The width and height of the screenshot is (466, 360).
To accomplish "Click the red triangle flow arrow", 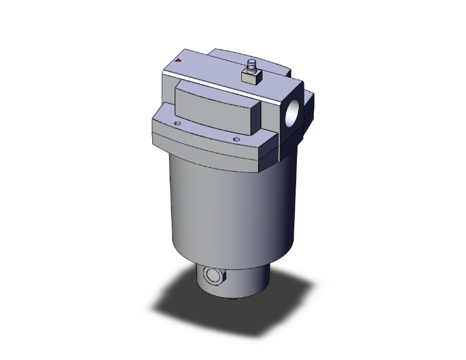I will point(179,61).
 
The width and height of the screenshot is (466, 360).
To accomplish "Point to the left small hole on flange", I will point(177,124).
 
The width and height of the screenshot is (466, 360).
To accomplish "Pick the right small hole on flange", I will point(236,139).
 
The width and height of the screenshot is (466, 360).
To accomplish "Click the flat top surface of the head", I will point(207,69).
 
